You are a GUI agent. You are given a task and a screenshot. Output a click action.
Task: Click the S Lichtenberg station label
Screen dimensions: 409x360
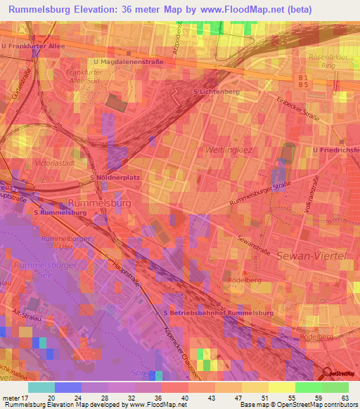coord(214,92)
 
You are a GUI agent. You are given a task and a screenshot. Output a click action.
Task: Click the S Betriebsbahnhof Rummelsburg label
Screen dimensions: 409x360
coord(218,312)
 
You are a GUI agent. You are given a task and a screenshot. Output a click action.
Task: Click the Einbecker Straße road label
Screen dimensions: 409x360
coord(298,109)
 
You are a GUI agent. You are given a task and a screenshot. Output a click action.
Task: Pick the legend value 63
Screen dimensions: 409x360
coord(346,397)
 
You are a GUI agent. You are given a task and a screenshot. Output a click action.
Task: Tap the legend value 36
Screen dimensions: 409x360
coord(158,397)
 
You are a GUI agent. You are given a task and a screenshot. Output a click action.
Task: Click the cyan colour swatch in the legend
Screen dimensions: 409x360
coord(41,387)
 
